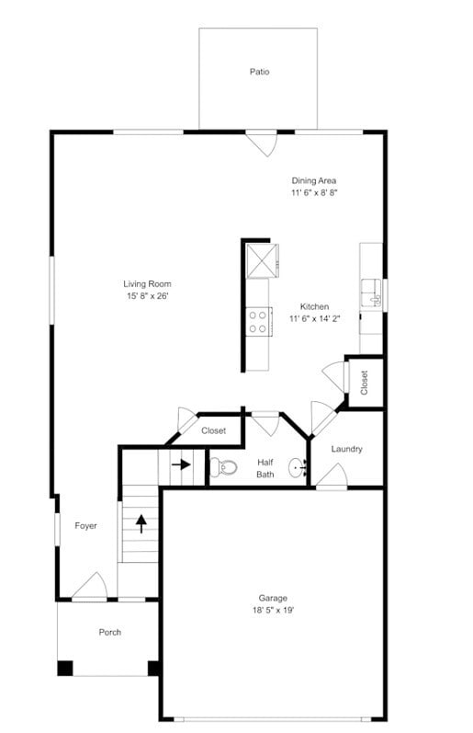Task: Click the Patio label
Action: (259, 71)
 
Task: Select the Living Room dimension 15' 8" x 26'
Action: (147, 296)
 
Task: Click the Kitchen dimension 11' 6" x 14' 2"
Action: (315, 319)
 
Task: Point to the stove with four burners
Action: (258, 321)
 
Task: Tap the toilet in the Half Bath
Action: (222, 467)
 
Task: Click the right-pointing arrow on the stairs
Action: (181, 464)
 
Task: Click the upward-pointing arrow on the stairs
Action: (141, 523)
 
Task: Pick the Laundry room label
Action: (347, 449)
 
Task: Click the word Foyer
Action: (85, 526)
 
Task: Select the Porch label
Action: (109, 632)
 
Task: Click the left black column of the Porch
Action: (65, 669)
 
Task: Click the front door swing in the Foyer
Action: (91, 587)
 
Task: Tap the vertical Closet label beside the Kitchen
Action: (365, 382)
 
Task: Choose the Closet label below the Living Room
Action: (213, 430)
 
